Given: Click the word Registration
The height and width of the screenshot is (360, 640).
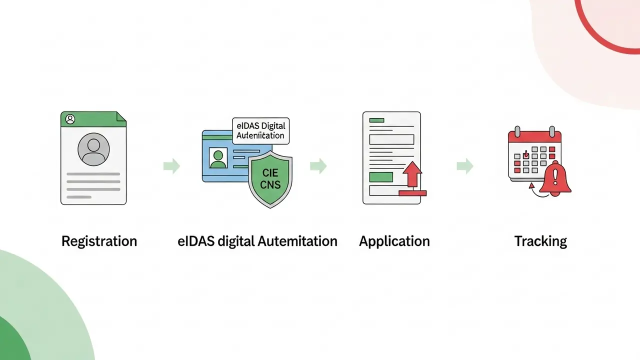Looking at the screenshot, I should pos(99,241).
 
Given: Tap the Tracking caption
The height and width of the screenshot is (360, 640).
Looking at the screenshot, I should pos(540,241).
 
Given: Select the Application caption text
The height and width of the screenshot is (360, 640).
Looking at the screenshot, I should pos(394,241).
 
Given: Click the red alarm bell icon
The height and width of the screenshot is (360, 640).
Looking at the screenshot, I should pos(555,179).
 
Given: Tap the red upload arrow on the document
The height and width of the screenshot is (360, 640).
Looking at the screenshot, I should pos(413,176).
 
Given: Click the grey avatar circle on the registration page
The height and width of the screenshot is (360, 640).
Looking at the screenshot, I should pos(93,149).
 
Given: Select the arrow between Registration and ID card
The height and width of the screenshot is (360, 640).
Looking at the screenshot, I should pos(171,166).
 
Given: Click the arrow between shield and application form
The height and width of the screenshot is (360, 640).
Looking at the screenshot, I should pos(318,166).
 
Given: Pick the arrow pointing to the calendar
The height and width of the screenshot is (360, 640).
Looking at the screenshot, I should pos(465,166).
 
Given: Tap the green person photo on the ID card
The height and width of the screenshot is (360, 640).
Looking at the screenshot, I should pos(218,158).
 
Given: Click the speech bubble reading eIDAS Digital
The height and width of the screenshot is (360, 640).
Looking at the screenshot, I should pos(261,130).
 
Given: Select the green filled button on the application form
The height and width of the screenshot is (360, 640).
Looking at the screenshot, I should pos(380,176).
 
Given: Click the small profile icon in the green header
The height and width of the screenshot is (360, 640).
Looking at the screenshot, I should pos(70,119).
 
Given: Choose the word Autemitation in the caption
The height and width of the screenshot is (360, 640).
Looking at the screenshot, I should pos(297,241).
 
